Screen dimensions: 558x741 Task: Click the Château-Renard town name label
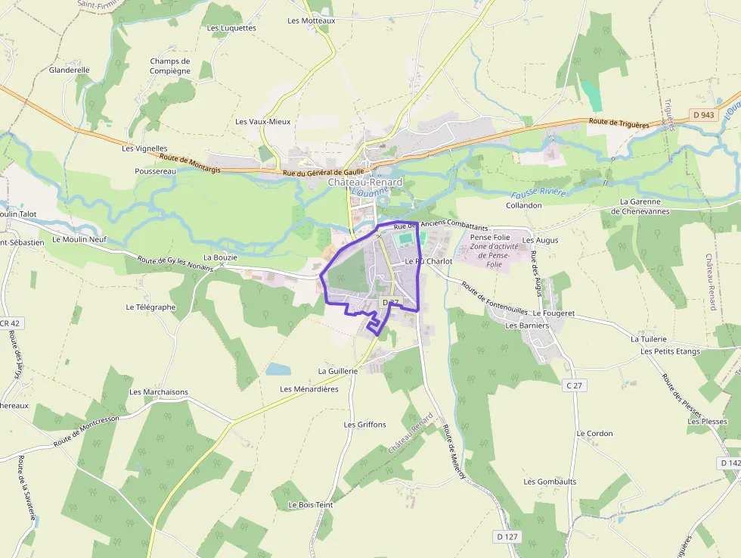click(x=365, y=182)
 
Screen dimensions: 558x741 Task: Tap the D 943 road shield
click(x=703, y=115)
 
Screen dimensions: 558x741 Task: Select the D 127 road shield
click(x=507, y=536)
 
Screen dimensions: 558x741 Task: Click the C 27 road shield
click(x=575, y=385)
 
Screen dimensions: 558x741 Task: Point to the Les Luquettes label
click(x=231, y=28)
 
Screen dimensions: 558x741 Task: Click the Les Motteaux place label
click(x=311, y=20)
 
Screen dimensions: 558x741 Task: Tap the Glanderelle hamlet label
click(x=69, y=70)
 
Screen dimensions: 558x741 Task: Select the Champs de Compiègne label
click(x=170, y=66)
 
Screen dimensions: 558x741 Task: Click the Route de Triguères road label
click(x=619, y=123)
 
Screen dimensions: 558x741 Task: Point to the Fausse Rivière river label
click(x=538, y=192)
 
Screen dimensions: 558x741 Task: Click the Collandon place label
click(x=523, y=205)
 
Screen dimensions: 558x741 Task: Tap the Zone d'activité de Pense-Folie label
click(x=495, y=251)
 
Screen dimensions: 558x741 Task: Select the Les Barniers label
click(x=526, y=326)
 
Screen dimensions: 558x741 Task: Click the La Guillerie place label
click(x=337, y=371)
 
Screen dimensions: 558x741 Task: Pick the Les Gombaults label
click(x=550, y=482)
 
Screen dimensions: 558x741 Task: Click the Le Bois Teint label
click(x=310, y=504)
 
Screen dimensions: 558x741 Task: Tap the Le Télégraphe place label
click(x=150, y=307)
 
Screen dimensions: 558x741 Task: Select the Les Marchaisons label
click(x=159, y=392)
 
